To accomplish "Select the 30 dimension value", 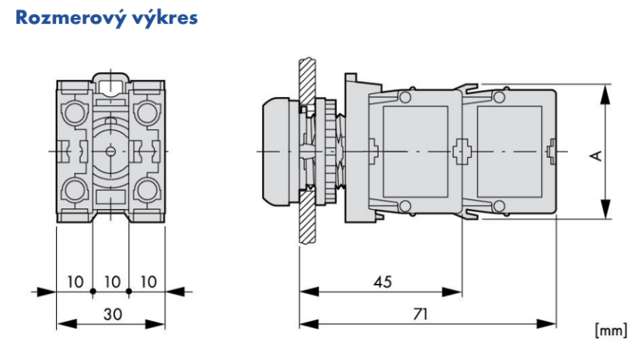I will coord(110,313).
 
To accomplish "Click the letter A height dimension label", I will coord(595,155).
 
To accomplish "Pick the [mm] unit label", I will coord(610,330).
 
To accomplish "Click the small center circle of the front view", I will coord(110,150).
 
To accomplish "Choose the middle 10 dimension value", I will coord(110,280).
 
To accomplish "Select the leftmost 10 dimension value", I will coord(75,280).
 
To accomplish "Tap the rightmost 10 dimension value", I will coord(147,280).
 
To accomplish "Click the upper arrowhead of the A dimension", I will coord(604,92).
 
